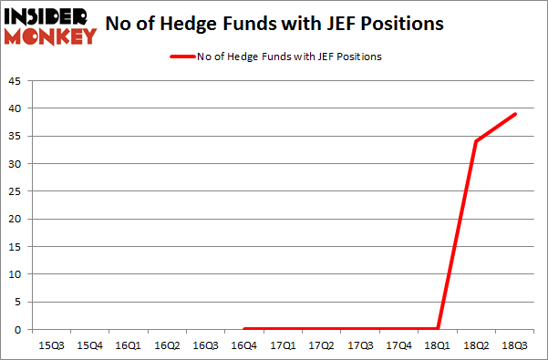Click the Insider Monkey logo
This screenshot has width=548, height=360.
click(x=50, y=26)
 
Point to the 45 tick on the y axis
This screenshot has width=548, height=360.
click(x=17, y=81)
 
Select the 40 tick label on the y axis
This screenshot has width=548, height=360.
click(x=17, y=108)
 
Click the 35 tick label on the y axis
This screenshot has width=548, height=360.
click(x=17, y=137)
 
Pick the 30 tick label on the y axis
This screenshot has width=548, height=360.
click(x=17, y=164)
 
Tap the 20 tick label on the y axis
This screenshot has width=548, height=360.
click(x=17, y=220)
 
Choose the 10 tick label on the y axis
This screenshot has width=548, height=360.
click(x=17, y=274)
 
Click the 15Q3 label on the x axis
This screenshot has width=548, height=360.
click(x=50, y=345)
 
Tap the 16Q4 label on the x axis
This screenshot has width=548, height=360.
click(x=243, y=345)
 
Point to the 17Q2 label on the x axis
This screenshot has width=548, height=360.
click(x=321, y=345)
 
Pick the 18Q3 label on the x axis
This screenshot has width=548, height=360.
click(x=515, y=345)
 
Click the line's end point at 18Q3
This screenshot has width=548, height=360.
click(x=515, y=114)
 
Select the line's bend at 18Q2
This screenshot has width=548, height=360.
click(x=476, y=141)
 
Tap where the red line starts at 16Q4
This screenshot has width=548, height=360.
click(x=243, y=329)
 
